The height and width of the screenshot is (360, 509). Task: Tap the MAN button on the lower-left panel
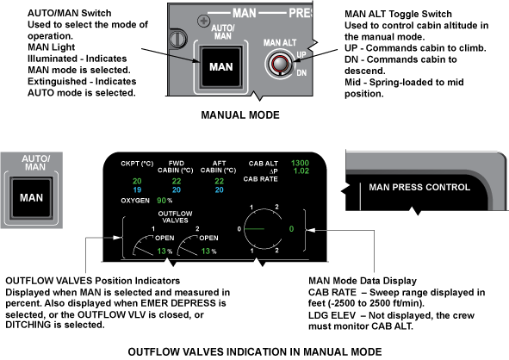pyautogui.click(x=31, y=198)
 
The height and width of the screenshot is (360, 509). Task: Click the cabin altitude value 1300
pyautogui.click(x=300, y=163)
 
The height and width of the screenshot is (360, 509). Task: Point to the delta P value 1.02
pyautogui.click(x=301, y=171)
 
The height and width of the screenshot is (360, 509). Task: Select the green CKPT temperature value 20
pyautogui.click(x=137, y=181)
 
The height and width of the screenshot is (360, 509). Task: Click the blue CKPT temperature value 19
pyautogui.click(x=137, y=189)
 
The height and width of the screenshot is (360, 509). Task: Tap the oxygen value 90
pyautogui.click(x=161, y=201)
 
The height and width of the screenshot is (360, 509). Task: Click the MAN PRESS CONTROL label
pyautogui.click(x=419, y=187)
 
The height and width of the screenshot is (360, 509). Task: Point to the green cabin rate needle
pyautogui.click(x=254, y=229)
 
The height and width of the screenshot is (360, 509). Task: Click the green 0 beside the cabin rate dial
pyautogui.click(x=291, y=229)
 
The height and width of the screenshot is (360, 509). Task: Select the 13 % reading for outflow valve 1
pyautogui.click(x=164, y=251)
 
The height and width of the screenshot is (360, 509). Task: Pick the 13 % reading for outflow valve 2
pyautogui.click(x=208, y=251)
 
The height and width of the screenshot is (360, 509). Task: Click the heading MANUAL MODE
pyautogui.click(x=240, y=115)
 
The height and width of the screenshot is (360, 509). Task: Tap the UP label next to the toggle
pyautogui.click(x=301, y=54)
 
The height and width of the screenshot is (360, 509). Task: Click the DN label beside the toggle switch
pyautogui.click(x=301, y=72)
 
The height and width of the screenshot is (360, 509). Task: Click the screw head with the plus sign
pyautogui.click(x=203, y=21)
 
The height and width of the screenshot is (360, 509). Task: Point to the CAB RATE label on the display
pyautogui.click(x=260, y=179)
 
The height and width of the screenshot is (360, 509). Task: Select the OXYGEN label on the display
pyautogui.click(x=135, y=201)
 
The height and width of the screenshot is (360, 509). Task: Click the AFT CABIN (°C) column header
pyautogui.click(x=219, y=167)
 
